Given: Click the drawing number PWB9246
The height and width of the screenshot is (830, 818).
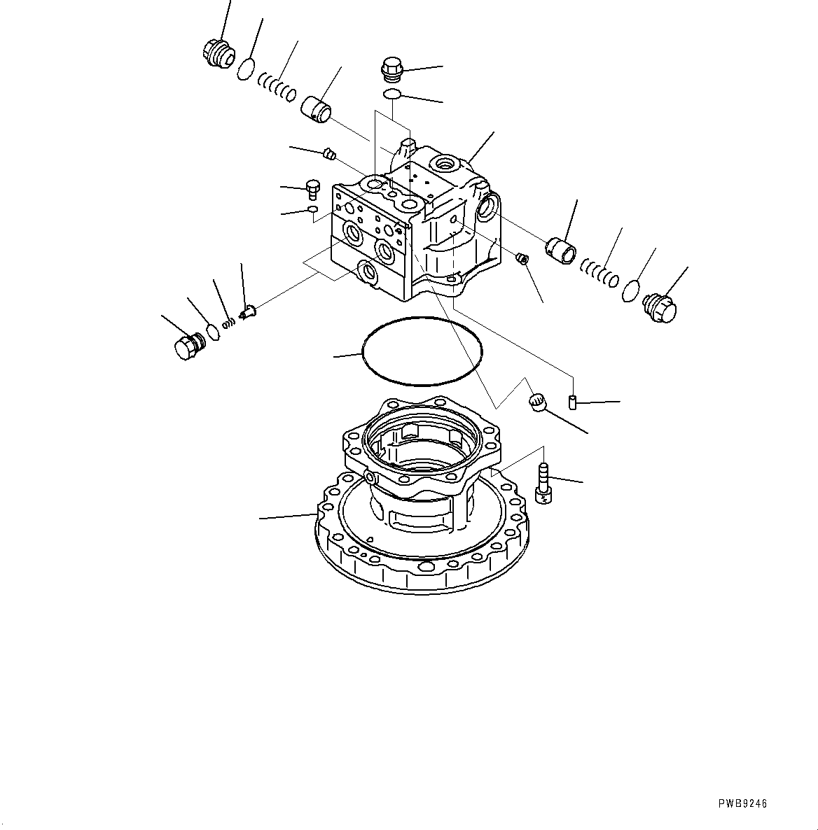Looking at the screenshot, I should pos(742,804).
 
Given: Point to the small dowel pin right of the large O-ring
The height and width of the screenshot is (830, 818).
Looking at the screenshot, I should pos(572,402).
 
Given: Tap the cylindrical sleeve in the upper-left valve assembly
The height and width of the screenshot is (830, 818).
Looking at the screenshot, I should pos(317,108).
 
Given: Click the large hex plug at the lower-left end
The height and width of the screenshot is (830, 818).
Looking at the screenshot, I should pos(187,346).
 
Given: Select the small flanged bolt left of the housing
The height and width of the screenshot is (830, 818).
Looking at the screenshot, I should pos(312,189).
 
